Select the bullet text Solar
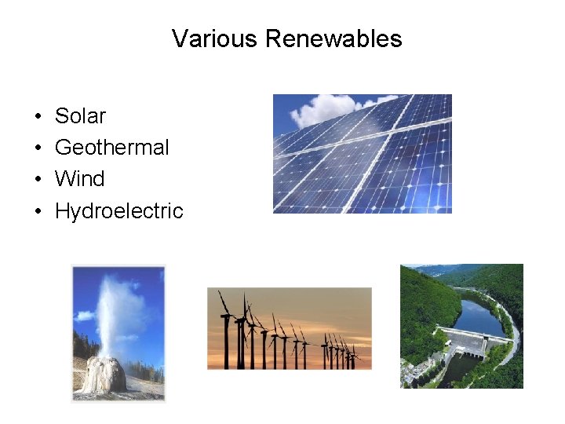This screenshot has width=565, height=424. (80, 116)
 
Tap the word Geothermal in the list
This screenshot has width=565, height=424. (111, 148)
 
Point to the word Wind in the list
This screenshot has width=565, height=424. (79, 179)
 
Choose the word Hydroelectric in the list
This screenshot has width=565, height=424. (118, 211)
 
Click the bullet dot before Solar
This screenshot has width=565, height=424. (38, 117)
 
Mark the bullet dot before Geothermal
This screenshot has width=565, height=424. (38, 148)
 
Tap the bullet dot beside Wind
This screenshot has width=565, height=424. (38, 180)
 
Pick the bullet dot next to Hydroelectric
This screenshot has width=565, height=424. (38, 212)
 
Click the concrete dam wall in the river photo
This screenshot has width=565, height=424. (463, 339)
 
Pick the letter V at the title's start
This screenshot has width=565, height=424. (179, 38)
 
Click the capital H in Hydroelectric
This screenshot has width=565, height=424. (61, 211)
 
